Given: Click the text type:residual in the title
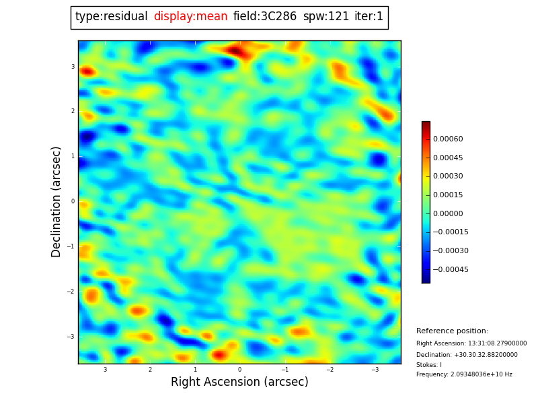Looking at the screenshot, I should pos(111,17).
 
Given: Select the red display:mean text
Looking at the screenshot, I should pos(190,17).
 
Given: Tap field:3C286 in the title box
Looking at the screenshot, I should pos(265,17).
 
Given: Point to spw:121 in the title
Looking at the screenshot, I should pos(326,17).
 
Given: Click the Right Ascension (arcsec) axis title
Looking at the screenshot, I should pos(239,382).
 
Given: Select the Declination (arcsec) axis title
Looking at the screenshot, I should pos(56,201).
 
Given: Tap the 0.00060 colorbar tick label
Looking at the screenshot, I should pos(447,139).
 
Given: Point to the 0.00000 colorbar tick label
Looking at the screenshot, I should pos(447,213).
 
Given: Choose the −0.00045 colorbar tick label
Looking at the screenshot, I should pos(450,269).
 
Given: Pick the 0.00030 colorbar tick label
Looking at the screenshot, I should pos(447,176).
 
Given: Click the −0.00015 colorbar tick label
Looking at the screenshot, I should pos(450,232).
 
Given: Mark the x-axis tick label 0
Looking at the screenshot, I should pos(239,370).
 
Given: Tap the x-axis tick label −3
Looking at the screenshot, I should pos(375,370).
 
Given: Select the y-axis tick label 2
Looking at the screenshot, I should pos(73,112).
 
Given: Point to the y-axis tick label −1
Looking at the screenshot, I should pos(71,246).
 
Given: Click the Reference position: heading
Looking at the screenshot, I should pos(452,331).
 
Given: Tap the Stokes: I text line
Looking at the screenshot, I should pos(429,365).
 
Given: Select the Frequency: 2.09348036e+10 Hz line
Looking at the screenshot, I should pos(464,374).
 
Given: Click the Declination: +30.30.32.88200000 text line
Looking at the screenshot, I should pos(467,355).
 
